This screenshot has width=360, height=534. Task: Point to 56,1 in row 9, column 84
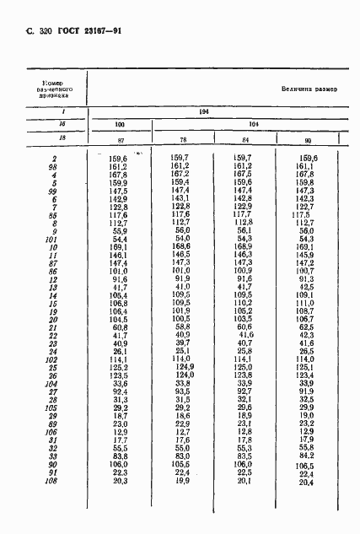[x=244, y=231]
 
